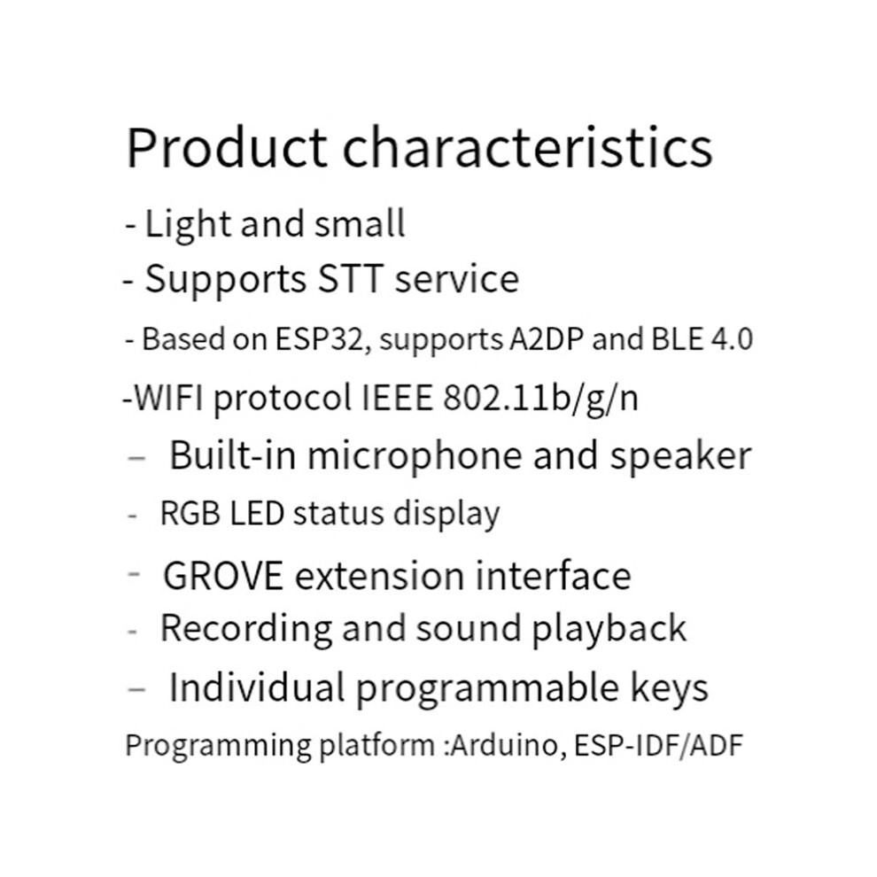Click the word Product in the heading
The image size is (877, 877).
[227, 148]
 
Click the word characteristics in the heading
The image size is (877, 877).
[527, 147]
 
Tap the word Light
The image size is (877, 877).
[188, 225]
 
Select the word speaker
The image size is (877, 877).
[680, 456]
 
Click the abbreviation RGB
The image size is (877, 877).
[190, 514]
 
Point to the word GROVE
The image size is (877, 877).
[223, 576]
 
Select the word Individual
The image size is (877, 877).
[257, 687]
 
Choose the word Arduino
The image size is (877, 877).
[505, 745]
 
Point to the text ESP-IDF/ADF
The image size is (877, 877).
[658, 745]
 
